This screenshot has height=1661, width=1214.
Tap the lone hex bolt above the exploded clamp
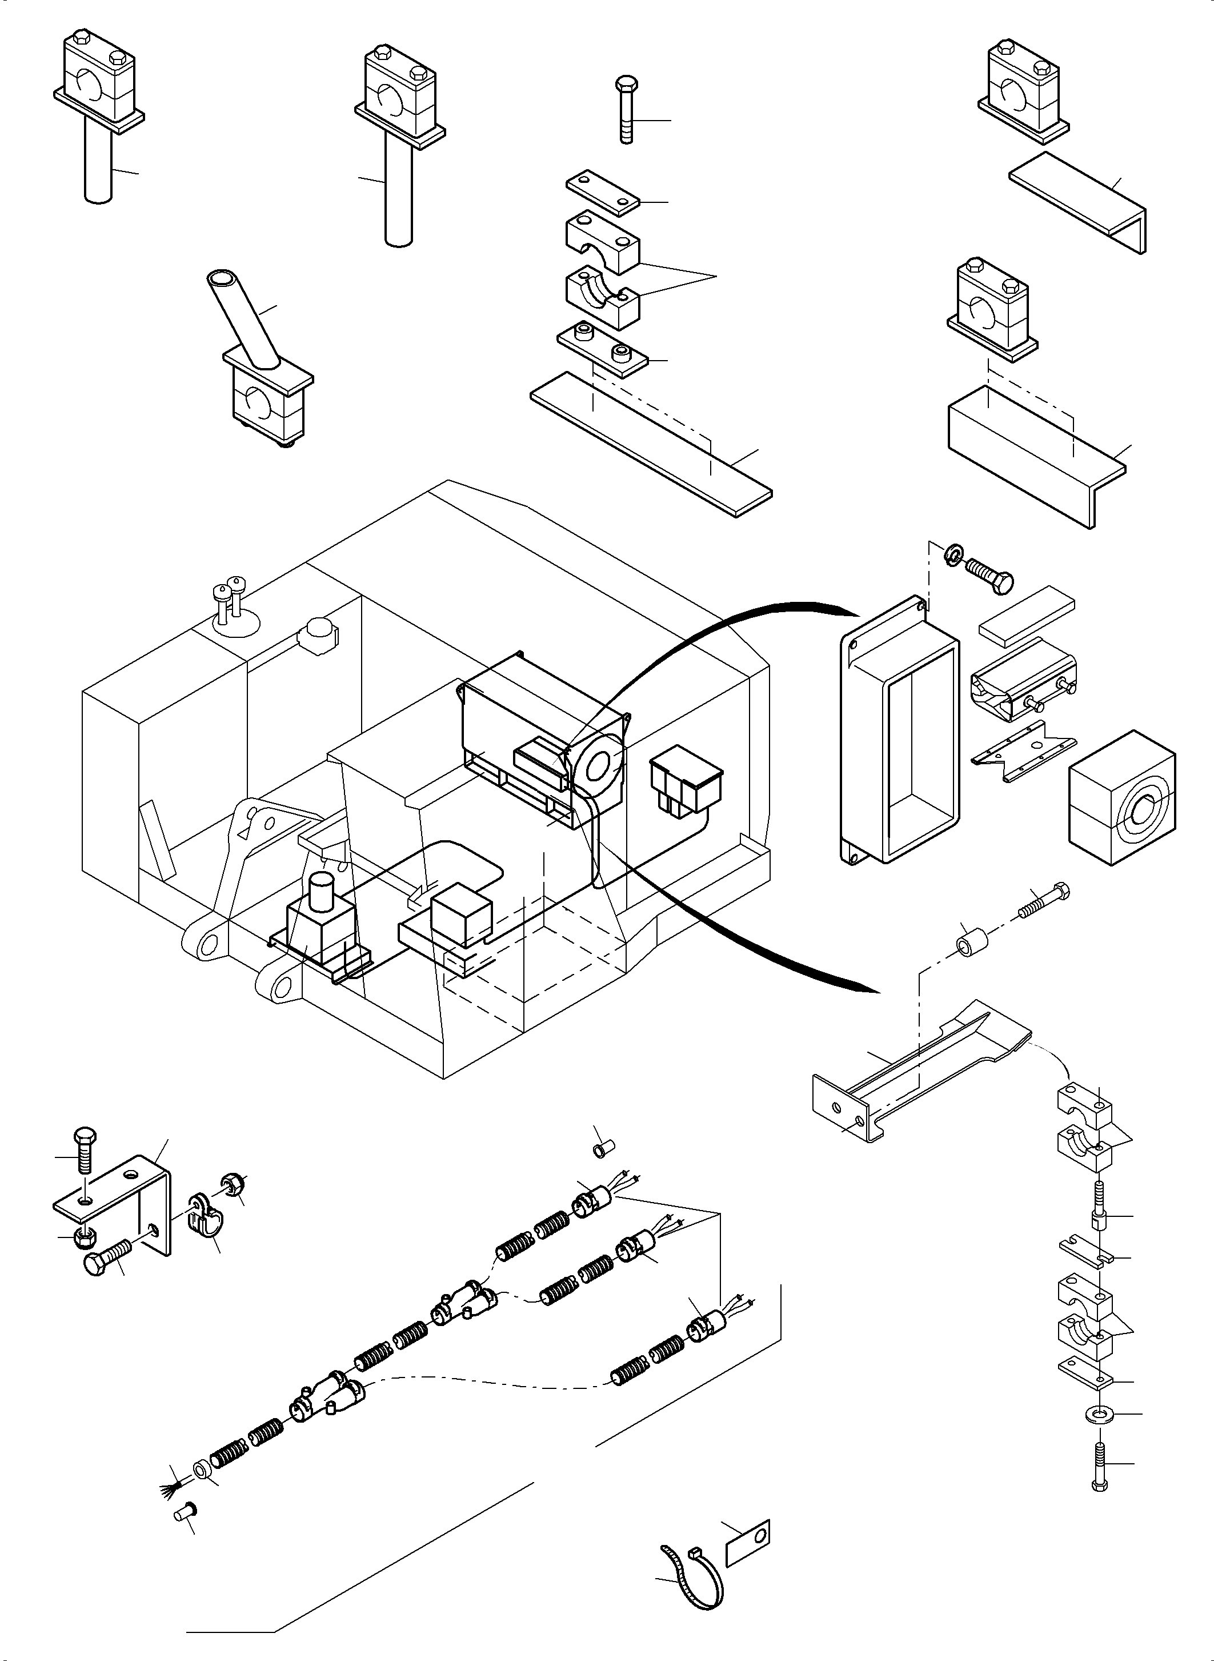(626, 110)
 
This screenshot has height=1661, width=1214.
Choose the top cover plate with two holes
(603, 192)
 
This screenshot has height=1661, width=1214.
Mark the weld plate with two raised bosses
(603, 351)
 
